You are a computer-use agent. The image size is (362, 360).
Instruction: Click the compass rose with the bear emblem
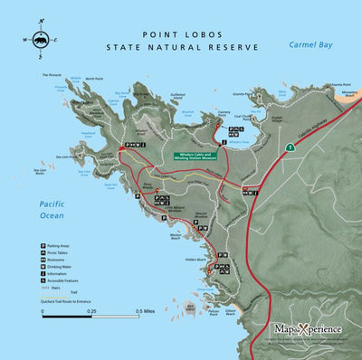40,40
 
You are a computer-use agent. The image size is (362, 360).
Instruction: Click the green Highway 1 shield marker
288,145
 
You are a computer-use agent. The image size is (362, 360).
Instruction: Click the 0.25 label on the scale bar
90,311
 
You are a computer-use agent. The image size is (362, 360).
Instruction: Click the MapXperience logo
309,328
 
